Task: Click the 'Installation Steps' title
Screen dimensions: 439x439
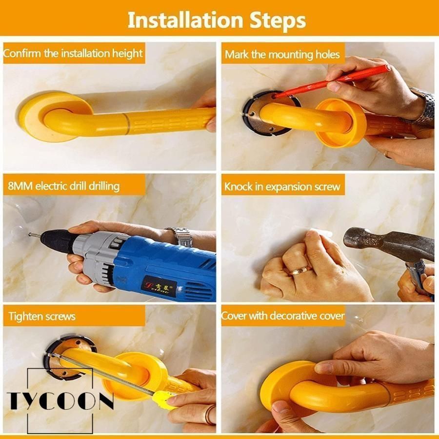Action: [217, 20]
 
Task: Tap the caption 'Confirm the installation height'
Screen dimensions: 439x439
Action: [73, 53]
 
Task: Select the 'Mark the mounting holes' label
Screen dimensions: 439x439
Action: [282, 54]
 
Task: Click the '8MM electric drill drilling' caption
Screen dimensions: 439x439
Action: [63, 186]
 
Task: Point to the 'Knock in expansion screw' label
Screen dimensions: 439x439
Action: [282, 187]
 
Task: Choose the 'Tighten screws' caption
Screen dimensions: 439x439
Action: [42, 317]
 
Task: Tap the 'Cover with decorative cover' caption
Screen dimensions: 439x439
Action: [282, 316]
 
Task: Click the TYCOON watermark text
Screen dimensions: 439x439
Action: [60, 400]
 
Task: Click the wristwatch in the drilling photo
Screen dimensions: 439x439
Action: [181, 237]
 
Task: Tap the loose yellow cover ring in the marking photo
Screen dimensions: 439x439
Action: [340, 122]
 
